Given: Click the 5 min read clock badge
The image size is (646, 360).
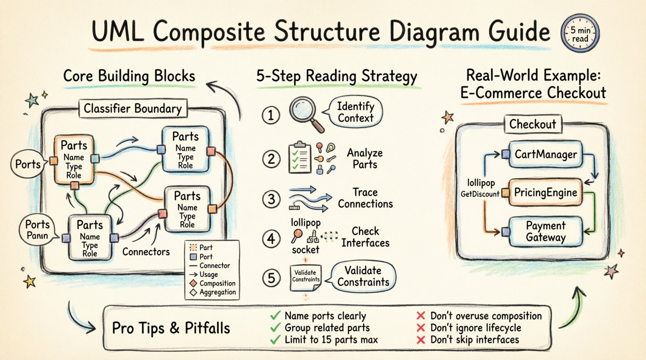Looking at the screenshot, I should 580,34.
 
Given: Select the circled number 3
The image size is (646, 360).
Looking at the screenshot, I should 271,199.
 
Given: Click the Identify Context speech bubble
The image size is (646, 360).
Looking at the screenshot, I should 355,112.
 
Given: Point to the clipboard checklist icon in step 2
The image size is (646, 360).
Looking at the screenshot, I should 300,158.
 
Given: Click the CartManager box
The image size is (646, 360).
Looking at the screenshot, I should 545,154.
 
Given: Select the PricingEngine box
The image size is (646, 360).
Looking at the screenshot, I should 545,192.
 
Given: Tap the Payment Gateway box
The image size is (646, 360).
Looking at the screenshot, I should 545,232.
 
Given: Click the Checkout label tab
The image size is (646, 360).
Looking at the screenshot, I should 532,124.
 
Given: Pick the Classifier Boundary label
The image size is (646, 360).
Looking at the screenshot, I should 133,109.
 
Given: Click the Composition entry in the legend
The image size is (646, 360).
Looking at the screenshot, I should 217,283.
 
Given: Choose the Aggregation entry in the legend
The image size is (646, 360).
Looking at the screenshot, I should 217,292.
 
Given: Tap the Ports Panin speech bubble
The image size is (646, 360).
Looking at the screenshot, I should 37,230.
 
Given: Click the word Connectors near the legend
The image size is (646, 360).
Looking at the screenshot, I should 146,252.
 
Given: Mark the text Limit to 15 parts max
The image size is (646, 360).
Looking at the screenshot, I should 331,340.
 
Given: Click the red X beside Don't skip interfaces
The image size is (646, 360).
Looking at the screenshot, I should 420,340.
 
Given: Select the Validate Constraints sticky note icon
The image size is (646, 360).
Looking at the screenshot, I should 306,277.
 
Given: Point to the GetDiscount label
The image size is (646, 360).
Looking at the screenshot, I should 480,194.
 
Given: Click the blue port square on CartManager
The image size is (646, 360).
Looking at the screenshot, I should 505,154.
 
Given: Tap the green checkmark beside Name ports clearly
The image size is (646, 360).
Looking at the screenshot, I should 275,316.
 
